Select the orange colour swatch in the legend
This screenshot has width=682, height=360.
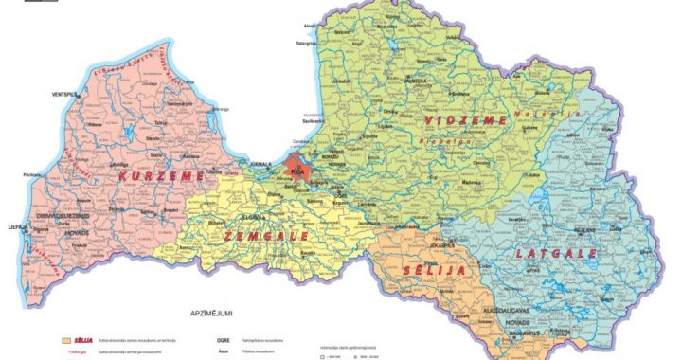click(65, 338)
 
